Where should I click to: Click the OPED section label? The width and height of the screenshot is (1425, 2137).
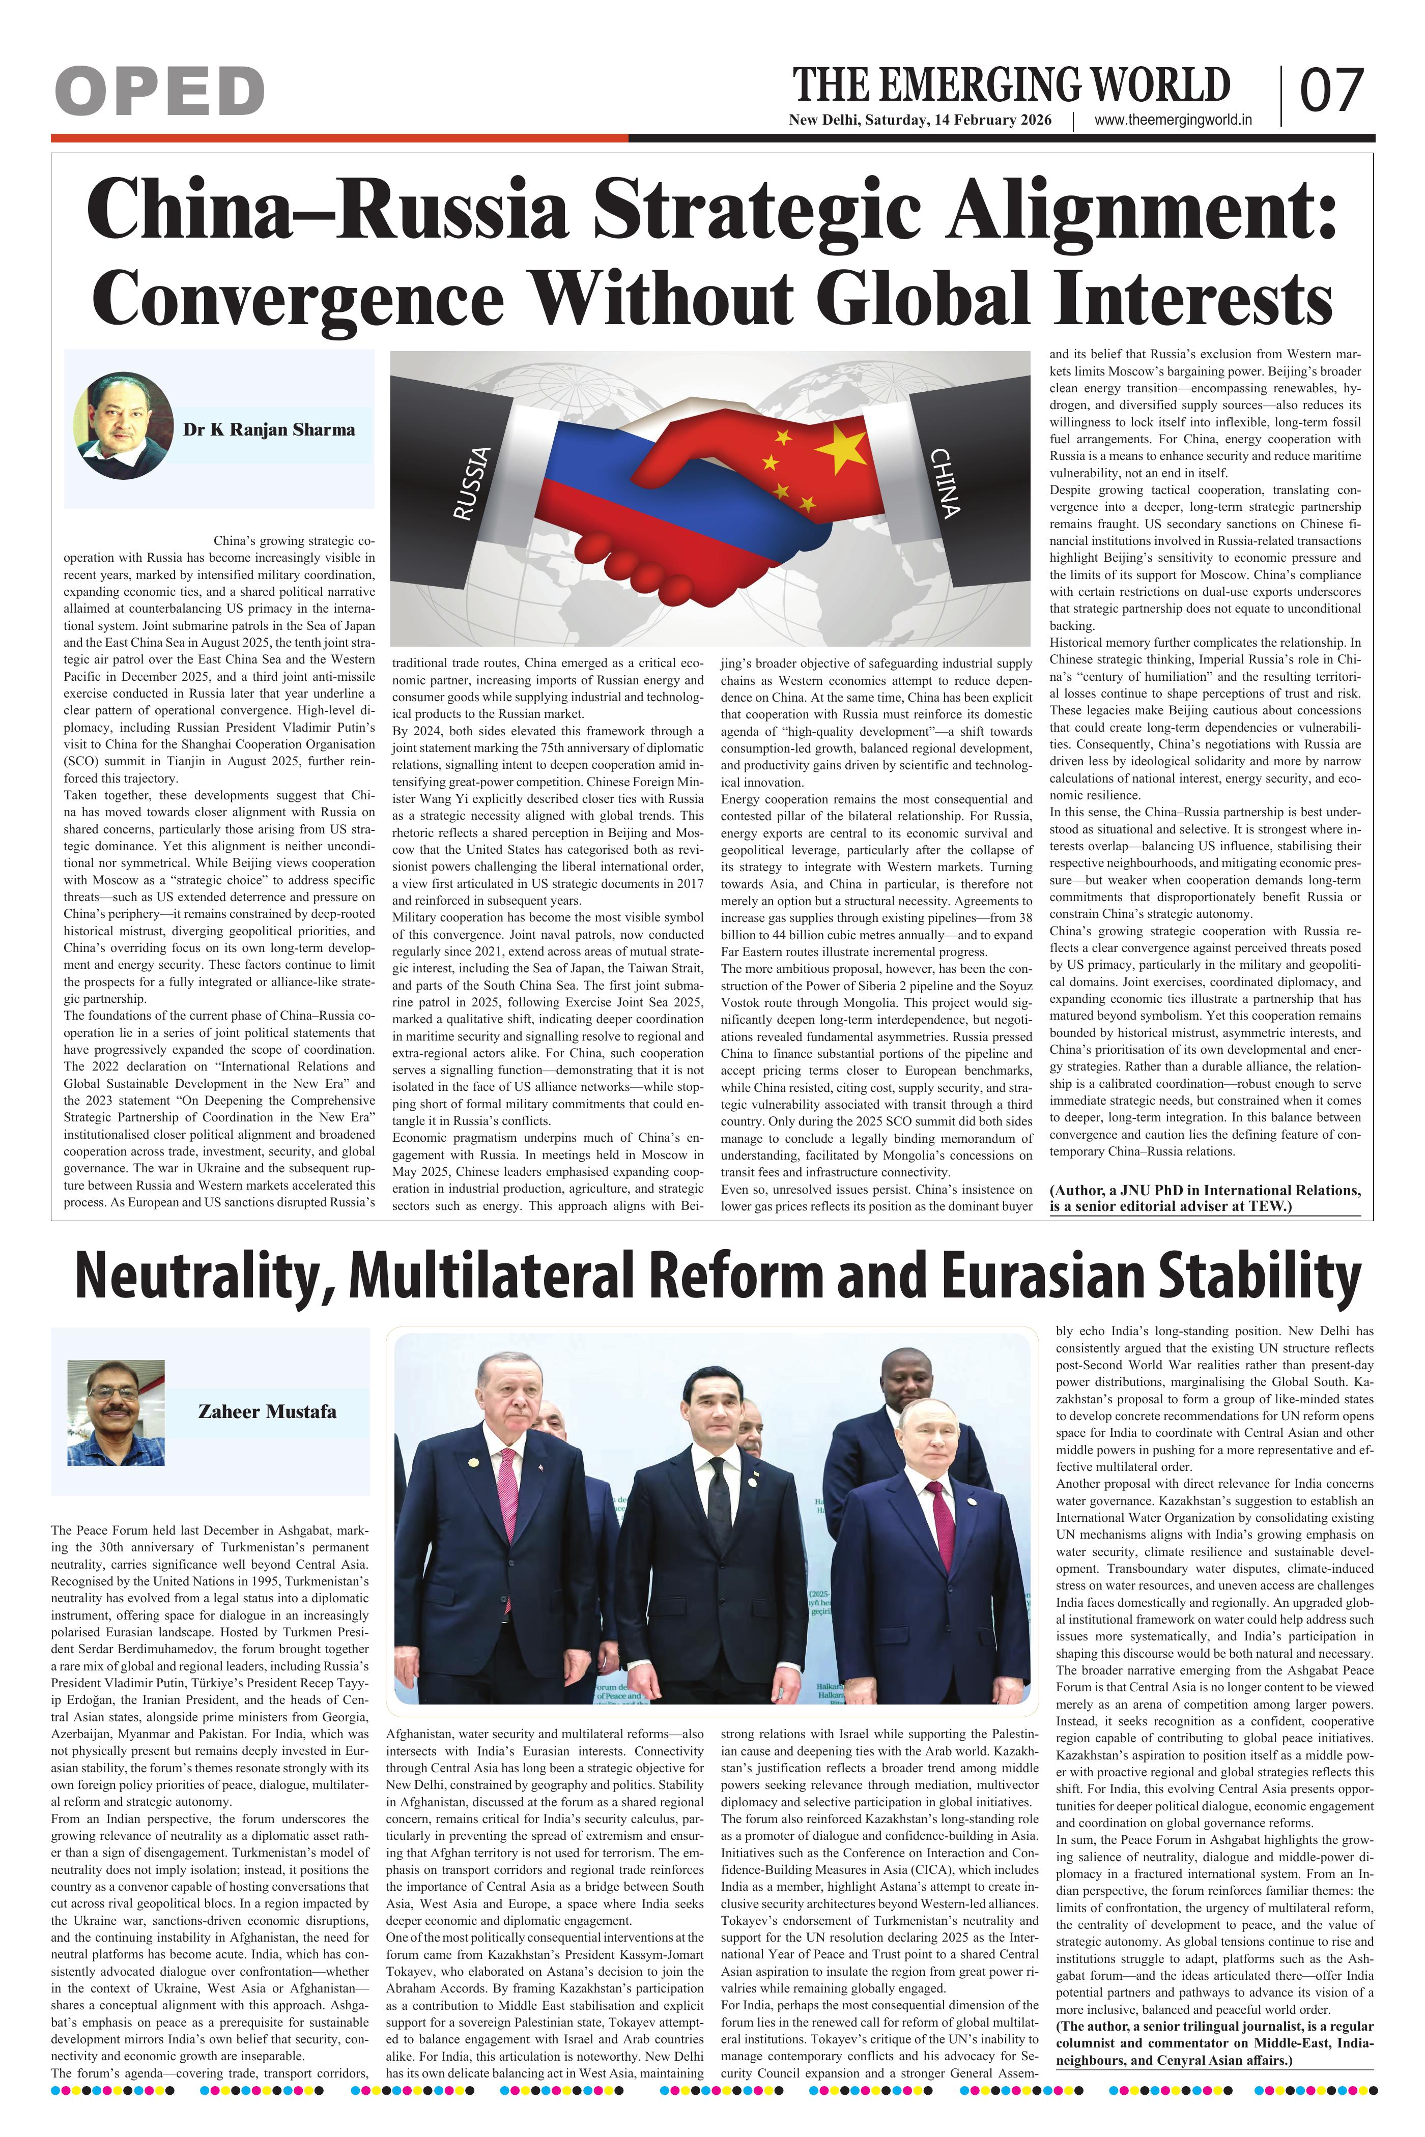(x=159, y=91)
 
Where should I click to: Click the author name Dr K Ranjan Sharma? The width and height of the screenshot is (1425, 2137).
(x=269, y=430)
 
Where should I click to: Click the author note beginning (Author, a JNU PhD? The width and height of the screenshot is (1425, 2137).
(x=1205, y=1198)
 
